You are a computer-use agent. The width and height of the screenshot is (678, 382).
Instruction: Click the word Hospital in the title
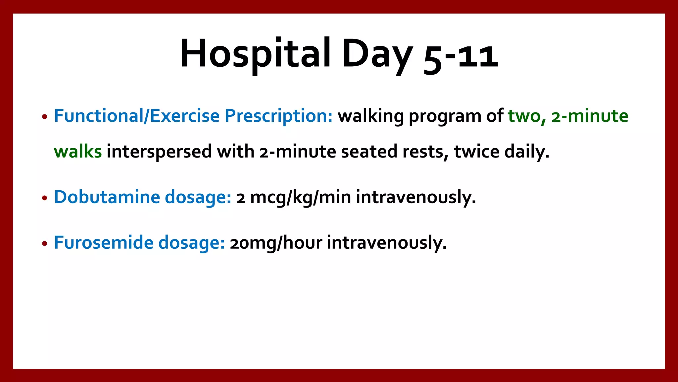tap(255, 54)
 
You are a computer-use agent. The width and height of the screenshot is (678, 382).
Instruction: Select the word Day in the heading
tap(377, 55)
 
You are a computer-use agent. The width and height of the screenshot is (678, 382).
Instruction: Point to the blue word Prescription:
tap(278, 116)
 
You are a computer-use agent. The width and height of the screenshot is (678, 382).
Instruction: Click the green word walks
tap(78, 152)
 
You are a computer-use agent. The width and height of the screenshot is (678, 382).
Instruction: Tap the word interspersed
tap(159, 152)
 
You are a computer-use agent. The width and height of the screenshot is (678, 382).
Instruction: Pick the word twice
tap(476, 152)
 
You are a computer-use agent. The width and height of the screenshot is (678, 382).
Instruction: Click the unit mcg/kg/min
tap(300, 198)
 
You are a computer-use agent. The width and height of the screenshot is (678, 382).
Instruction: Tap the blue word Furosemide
tap(104, 242)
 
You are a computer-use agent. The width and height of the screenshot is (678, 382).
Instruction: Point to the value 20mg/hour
tap(276, 243)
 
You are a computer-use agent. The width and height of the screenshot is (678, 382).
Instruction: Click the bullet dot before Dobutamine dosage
tap(45, 198)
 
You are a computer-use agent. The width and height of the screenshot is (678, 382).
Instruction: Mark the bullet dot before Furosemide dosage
tap(45, 244)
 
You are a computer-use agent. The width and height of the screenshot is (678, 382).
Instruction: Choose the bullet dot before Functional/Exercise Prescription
tap(45, 117)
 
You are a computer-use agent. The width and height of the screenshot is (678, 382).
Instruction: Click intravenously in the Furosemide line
tap(387, 243)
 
